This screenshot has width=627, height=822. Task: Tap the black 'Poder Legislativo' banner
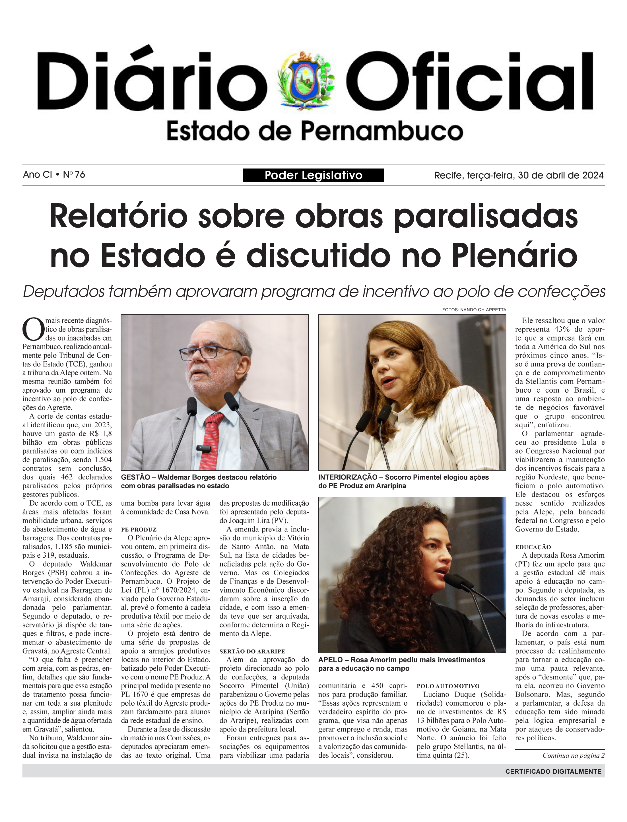click(x=313, y=175)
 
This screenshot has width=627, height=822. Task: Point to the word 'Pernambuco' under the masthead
click(x=382, y=131)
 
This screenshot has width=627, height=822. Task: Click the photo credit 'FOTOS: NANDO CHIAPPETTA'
click(x=474, y=310)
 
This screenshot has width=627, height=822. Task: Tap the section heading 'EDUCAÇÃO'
click(x=533, y=547)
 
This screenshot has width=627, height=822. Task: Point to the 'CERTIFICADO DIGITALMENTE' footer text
click(x=553, y=771)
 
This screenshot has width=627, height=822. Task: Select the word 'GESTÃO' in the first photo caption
click(x=135, y=477)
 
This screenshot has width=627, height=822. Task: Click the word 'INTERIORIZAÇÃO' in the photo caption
click(x=347, y=477)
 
